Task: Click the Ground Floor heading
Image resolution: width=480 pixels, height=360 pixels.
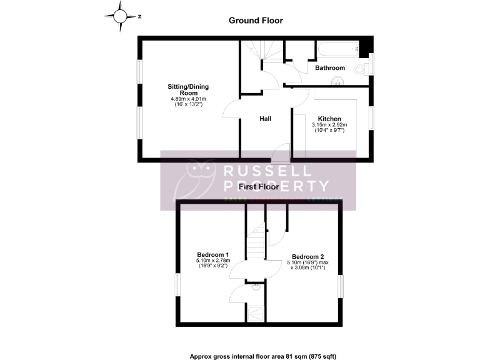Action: pos(256,21)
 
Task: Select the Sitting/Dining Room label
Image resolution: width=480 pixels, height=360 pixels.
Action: pos(187,89)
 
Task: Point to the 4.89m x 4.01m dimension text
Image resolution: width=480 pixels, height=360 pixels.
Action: pos(188,99)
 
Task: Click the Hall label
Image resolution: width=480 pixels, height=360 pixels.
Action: pos(266,118)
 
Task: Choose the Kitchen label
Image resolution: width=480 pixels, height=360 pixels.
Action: pos(329,119)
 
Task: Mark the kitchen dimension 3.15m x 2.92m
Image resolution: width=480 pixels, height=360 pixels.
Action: pos(329,125)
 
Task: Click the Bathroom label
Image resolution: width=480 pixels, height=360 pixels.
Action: pos(329,67)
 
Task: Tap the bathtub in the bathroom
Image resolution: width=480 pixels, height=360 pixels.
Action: pos(336,48)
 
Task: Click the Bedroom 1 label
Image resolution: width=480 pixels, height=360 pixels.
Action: pos(213,254)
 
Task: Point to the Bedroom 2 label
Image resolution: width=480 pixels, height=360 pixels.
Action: pos(307,256)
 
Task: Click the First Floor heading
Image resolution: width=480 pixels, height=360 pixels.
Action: pos(258,187)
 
